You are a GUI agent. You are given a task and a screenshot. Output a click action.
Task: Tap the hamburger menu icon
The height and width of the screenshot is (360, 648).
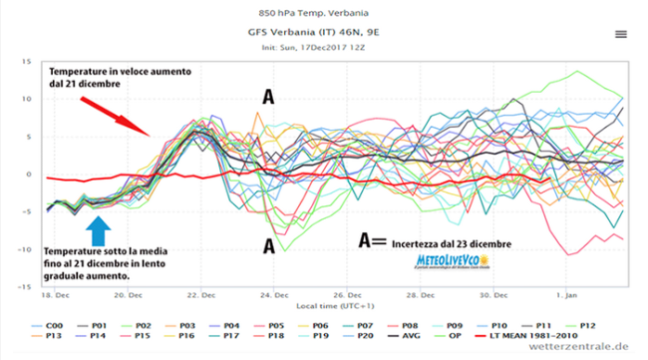(x=620, y=33)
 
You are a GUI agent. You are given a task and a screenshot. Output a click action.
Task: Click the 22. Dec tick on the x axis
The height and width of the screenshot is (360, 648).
(x=202, y=296)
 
